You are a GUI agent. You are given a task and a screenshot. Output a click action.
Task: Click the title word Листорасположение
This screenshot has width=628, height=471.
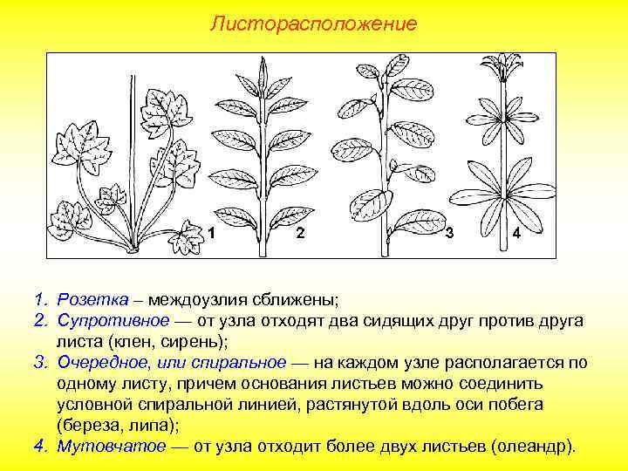click(313, 23)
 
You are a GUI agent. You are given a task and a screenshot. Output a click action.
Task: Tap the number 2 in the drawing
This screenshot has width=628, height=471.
click(300, 233)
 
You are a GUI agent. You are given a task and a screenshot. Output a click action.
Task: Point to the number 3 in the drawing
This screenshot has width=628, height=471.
click(448, 233)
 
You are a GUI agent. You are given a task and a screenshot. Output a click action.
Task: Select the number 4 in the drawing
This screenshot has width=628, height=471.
click(516, 234)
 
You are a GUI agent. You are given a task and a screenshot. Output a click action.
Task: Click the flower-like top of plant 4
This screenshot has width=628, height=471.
click(503, 70)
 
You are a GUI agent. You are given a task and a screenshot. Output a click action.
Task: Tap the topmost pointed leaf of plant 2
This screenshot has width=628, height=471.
click(264, 68)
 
